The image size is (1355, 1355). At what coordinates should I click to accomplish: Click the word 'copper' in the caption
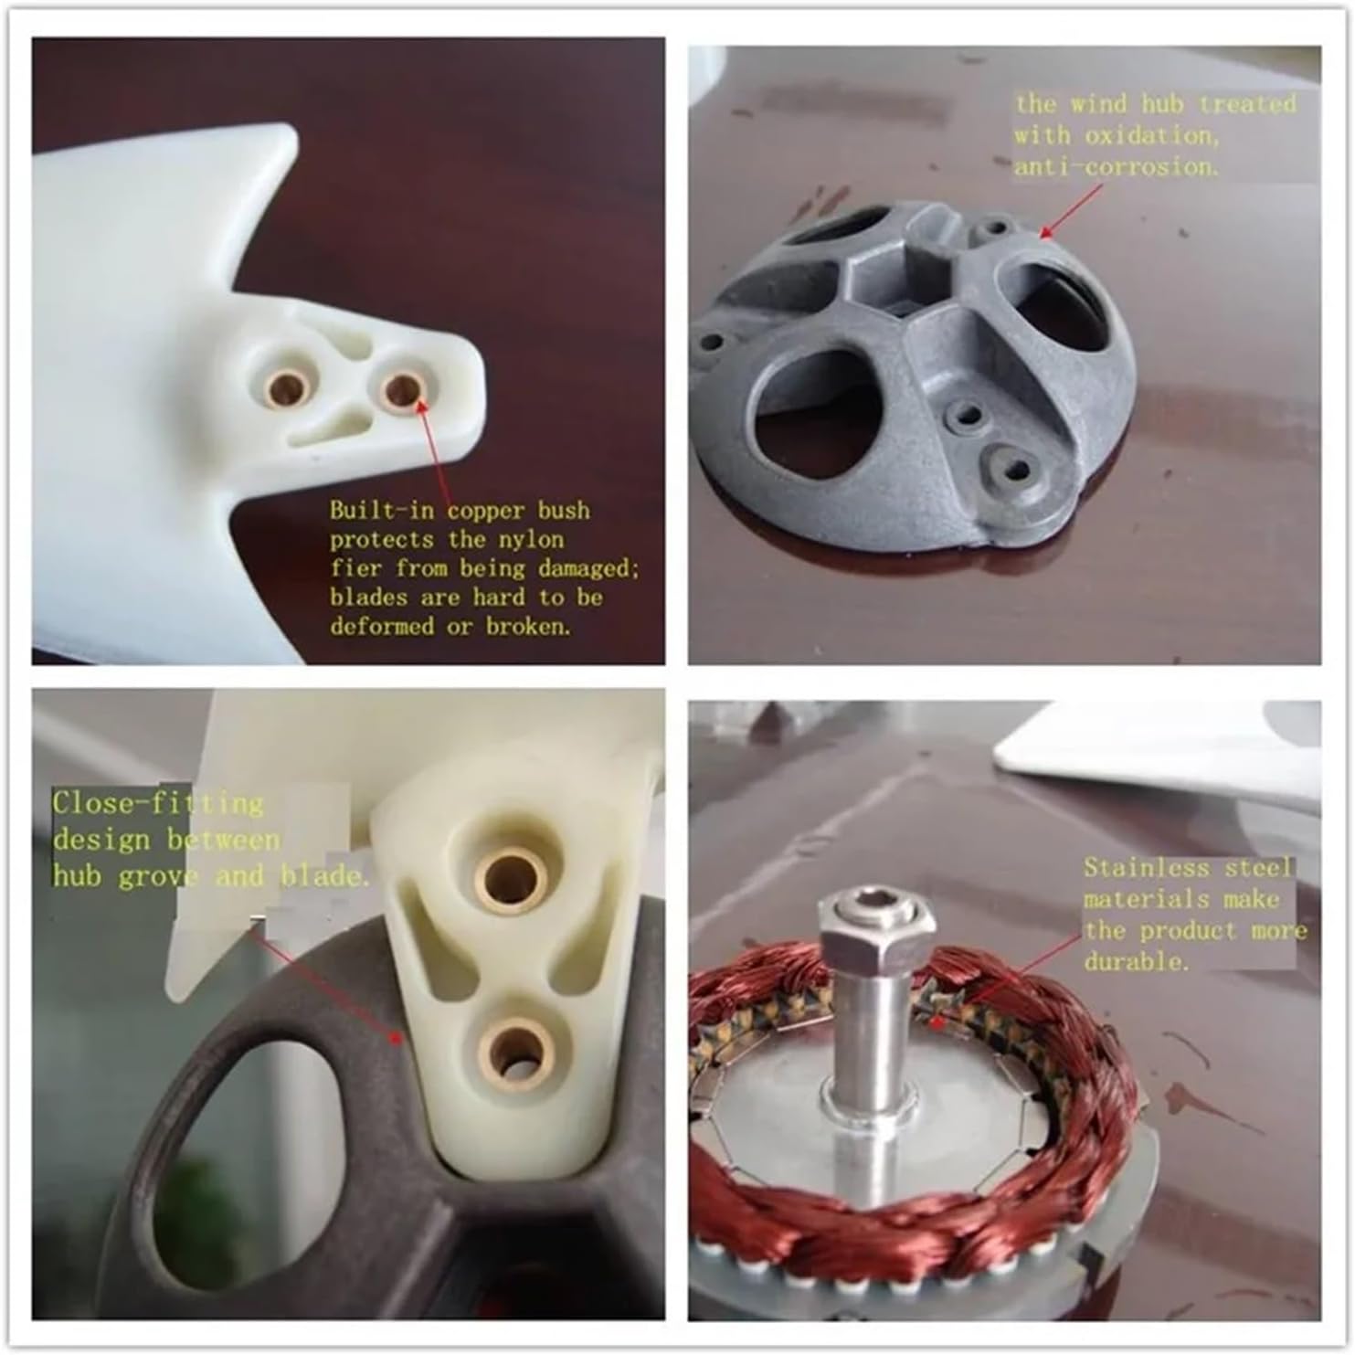point(485,511)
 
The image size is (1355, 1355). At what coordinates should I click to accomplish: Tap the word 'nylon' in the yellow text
point(529,540)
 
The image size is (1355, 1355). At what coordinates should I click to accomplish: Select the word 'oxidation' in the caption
point(1151,135)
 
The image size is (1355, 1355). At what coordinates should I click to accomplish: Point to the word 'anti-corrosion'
point(1116,167)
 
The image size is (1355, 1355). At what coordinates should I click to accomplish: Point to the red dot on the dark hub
point(395,1037)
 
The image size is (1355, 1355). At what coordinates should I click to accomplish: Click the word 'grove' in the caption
point(158,876)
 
